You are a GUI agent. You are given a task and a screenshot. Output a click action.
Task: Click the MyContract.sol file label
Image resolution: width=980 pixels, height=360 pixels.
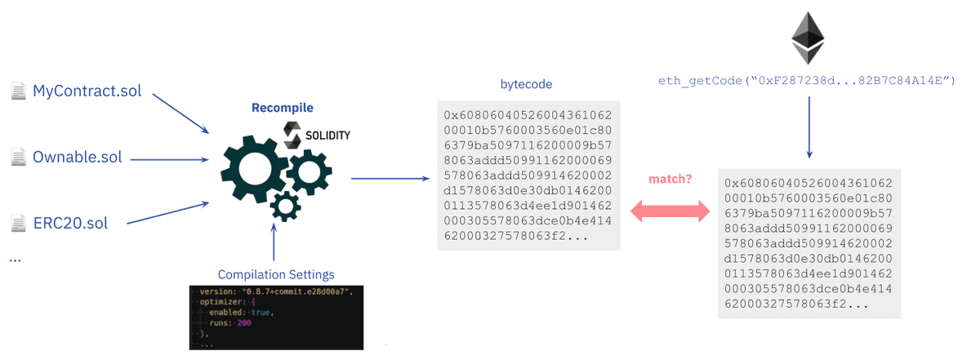pyautogui.click(x=87, y=91)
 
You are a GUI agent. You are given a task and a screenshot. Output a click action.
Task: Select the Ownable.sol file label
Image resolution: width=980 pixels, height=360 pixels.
pyautogui.click(x=77, y=156)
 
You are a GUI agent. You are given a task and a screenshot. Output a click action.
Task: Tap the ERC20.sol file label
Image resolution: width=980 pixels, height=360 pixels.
pyautogui.click(x=70, y=222)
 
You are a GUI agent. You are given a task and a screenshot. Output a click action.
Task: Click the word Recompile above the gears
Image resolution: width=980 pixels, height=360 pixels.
pyautogui.click(x=282, y=108)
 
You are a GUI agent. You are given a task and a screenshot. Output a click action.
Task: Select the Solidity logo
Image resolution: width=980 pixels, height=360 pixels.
pyautogui.click(x=316, y=133)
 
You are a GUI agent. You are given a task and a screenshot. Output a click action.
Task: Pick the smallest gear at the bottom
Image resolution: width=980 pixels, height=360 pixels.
pyautogui.click(x=285, y=206)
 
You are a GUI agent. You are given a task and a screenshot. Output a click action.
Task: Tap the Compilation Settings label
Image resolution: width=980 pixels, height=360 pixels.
pyautogui.click(x=275, y=274)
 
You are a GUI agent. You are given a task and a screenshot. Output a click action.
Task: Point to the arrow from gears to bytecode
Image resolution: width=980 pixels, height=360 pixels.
pyautogui.click(x=389, y=178)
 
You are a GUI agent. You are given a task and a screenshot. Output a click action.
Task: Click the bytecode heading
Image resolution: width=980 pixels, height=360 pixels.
pyautogui.click(x=526, y=84)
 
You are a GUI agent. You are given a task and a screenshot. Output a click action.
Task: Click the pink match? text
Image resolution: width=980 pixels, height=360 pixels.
pyautogui.click(x=670, y=179)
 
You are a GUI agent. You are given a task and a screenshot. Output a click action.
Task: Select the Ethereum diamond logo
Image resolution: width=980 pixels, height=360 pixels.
pyautogui.click(x=808, y=38)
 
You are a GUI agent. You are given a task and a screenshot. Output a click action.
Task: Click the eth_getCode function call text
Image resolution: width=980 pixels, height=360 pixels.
pyautogui.click(x=807, y=81)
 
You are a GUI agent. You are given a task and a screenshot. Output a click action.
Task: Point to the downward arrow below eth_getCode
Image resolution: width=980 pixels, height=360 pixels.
pyautogui.click(x=808, y=127)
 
